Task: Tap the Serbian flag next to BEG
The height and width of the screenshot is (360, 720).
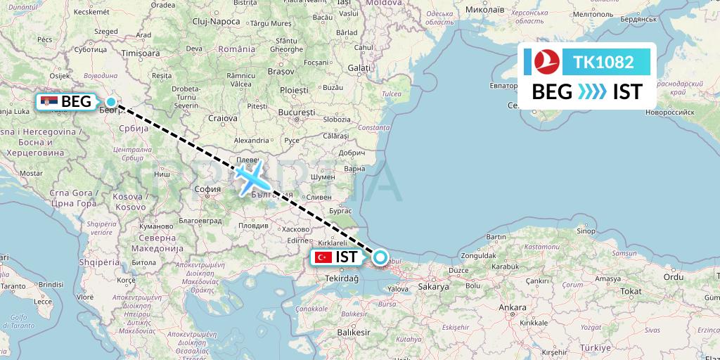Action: coord(50,101)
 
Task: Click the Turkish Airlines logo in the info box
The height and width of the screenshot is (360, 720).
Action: coord(542,62)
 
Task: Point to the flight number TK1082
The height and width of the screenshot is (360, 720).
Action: coord(603,63)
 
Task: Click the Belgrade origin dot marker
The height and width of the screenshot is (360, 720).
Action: coord(111,102)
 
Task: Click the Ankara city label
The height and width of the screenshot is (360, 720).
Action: coord(512,308)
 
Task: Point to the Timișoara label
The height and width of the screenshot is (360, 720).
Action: coord(141,53)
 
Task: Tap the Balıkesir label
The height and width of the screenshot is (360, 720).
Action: coord(353,330)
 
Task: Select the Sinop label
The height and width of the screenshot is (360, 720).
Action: coord(585,231)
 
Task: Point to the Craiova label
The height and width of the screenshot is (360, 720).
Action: coord(222,118)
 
